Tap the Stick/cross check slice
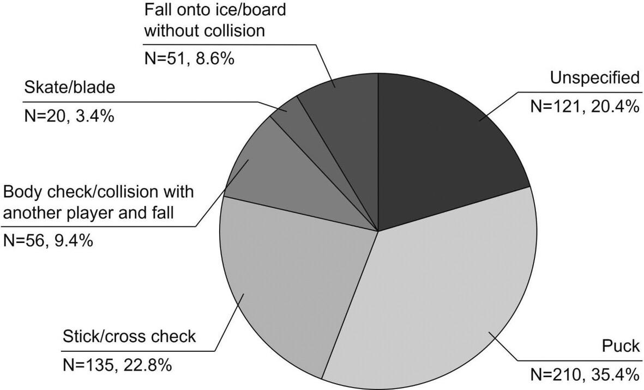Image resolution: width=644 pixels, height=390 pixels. tap(287, 279)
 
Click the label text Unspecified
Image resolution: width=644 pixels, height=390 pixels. tap(595, 78)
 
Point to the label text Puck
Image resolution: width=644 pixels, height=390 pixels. tap(621, 346)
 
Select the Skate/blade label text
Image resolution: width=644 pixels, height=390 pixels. tap(69, 87)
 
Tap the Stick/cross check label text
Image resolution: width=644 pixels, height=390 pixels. tap(129, 337)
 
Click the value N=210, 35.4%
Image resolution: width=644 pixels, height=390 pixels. tap(585, 374)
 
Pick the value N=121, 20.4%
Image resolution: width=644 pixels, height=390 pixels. tap(585, 107)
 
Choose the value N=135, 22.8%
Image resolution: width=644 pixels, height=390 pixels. tap(117, 365)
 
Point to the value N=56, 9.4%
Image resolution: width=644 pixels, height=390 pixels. tap(48, 241)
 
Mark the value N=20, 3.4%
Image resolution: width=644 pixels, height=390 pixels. tap(69, 116)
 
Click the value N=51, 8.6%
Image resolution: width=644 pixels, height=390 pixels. tap(189, 59)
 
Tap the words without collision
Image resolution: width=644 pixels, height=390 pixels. tap(204, 31)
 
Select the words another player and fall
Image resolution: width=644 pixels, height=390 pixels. tap(89, 214)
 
